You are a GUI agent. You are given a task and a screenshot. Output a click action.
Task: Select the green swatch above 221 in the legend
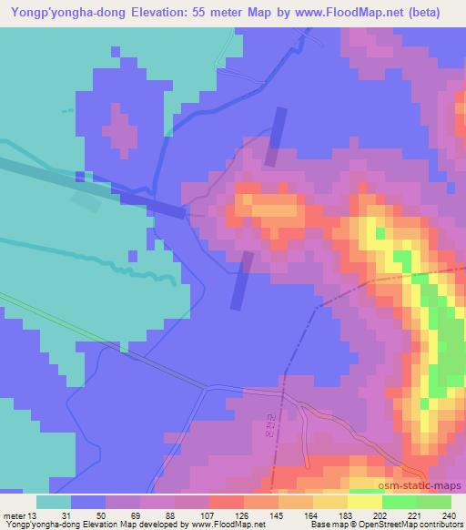(400, 502)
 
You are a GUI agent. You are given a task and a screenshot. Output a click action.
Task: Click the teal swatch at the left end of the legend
(54, 502)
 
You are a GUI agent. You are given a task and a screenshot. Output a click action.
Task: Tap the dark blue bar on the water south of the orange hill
(241, 280)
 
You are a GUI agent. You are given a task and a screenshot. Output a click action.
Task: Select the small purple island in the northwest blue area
(119, 128)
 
